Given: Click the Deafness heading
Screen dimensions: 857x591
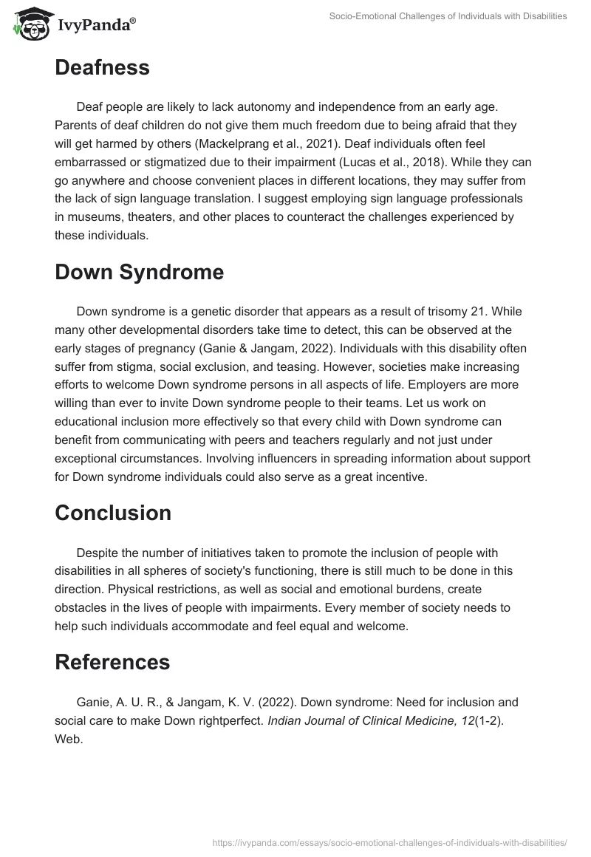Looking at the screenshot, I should pos(102,68).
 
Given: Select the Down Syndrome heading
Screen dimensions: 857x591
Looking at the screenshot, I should pos(139,272).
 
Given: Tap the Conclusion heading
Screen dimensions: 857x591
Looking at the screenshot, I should pos(113,513).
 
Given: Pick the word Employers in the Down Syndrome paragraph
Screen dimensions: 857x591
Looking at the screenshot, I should pos(464,385).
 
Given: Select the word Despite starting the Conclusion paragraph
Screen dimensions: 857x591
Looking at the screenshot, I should pos(98,553).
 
